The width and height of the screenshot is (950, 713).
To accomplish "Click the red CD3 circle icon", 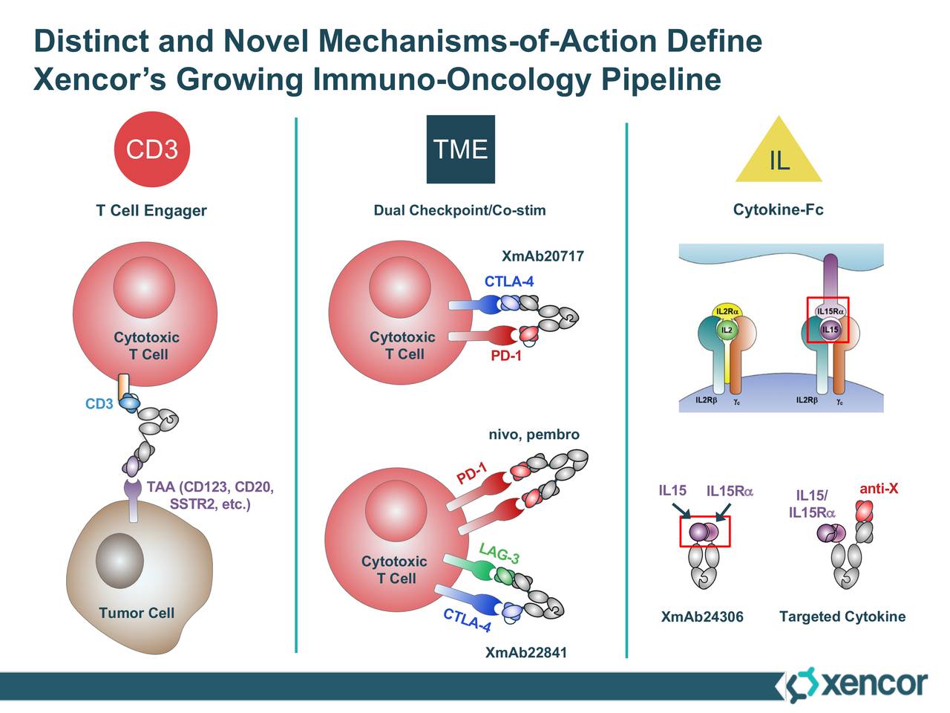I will point(151,149).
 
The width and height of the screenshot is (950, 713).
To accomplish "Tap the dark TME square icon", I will point(460,149).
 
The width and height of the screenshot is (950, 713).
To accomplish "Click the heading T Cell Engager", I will point(151,211).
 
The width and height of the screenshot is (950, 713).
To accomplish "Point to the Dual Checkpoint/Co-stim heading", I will point(459,211).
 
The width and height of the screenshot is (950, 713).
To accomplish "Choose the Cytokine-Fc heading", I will point(778,210).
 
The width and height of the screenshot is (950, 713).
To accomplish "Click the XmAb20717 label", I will point(543,257).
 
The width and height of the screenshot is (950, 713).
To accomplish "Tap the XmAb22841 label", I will point(525,653).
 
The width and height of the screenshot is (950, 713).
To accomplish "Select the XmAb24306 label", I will point(701,617).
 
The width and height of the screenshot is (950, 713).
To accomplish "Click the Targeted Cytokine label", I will point(842,617).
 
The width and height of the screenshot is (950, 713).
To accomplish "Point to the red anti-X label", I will point(879,489).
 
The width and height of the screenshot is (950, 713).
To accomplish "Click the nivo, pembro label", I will point(533,434).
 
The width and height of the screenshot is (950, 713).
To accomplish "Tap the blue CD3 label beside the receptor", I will point(99,405).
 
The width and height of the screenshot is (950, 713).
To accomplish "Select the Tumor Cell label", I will point(137,613).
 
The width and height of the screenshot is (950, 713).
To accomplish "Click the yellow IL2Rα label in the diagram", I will point(727,311).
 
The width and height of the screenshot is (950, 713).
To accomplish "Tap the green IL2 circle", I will point(727,330).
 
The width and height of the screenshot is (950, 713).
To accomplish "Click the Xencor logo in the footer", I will point(856,684).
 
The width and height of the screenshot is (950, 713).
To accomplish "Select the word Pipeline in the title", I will point(661,79).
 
